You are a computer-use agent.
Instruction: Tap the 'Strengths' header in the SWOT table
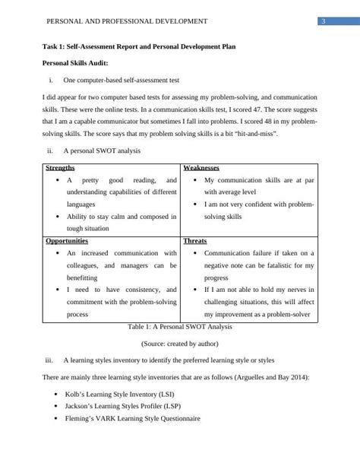pyautogui.click(x=61, y=167)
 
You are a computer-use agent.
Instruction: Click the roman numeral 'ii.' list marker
pyautogui.click(x=50, y=151)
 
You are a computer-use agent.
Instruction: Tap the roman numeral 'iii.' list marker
pyautogui.click(x=49, y=361)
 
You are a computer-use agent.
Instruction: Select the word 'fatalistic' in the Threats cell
pyautogui.click(x=279, y=265)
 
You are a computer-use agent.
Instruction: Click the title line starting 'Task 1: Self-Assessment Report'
pyautogui.click(x=138, y=46)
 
